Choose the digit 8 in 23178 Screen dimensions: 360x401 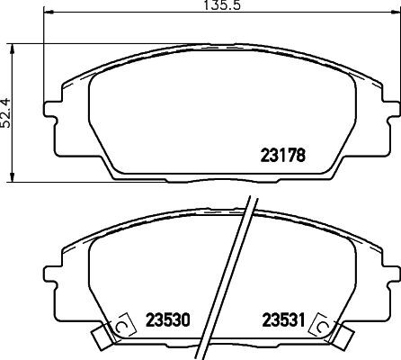(303, 154)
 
